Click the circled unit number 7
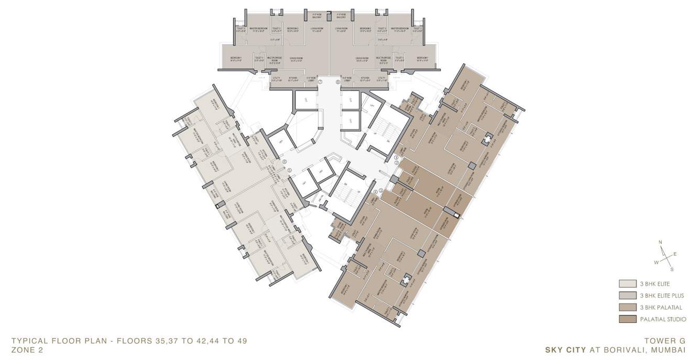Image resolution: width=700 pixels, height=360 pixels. click(x=320, y=82)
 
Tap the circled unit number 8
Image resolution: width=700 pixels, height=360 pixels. click(x=338, y=82)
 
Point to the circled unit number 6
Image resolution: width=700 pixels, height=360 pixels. click(x=284, y=162)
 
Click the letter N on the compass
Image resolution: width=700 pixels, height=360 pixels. click(x=661, y=242)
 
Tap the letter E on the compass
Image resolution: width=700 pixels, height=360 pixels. click(x=675, y=254)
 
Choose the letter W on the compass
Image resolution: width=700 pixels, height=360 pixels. click(x=655, y=261)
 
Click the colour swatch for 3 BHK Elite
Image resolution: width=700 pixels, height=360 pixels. click(x=627, y=284)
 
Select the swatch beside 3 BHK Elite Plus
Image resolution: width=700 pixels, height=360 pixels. click(x=627, y=296)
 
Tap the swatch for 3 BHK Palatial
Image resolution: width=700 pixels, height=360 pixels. click(x=627, y=308)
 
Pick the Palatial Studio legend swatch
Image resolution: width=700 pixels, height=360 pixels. click(x=627, y=319)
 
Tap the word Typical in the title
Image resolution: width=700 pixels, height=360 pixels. click(x=29, y=341)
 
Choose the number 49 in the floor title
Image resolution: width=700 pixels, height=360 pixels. click(x=240, y=341)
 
